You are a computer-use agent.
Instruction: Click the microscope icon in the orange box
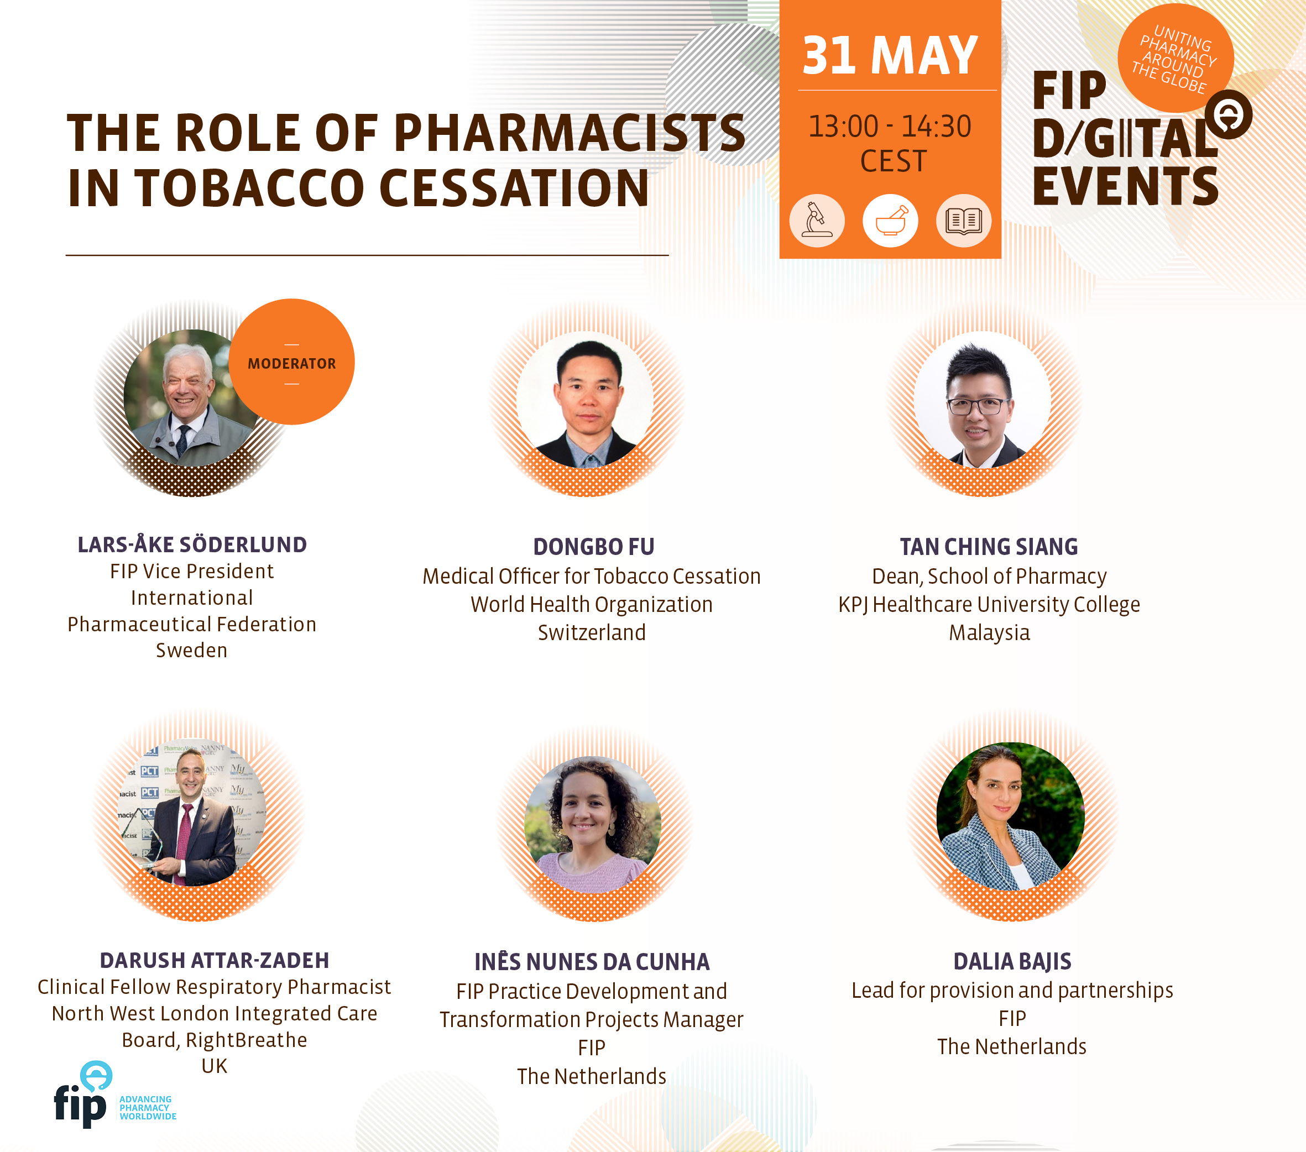tap(817, 221)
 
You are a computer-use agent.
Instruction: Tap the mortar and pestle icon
tap(890, 221)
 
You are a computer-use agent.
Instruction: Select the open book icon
tap(964, 221)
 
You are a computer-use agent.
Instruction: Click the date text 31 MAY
tap(890, 56)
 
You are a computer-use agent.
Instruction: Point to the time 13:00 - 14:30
tap(890, 127)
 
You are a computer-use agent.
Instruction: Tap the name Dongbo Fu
tap(594, 547)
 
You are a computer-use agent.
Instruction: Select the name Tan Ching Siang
tap(989, 547)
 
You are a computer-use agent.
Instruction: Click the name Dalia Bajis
tap(1012, 962)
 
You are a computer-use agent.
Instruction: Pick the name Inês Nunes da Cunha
tap(592, 962)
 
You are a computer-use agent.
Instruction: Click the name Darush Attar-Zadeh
tap(215, 960)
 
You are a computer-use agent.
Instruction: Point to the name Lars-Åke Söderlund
tap(192, 545)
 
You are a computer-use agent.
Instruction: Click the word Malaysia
tap(989, 632)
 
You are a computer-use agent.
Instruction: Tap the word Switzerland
tap(592, 632)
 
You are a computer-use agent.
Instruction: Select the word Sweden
tap(192, 651)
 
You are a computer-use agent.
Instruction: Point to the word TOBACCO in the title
tap(249, 188)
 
